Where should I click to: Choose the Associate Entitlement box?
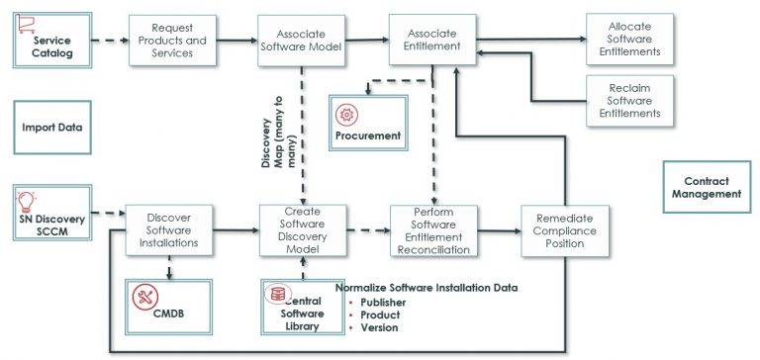coord(431,40)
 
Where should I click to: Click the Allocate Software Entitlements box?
coord(629,40)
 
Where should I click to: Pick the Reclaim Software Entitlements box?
coord(629,100)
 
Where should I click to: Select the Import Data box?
coord(51,128)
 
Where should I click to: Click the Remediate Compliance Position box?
coord(565,230)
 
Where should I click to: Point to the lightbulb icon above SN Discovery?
coord(28,203)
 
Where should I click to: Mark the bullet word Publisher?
coord(383,303)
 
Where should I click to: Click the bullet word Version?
coord(380,327)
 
